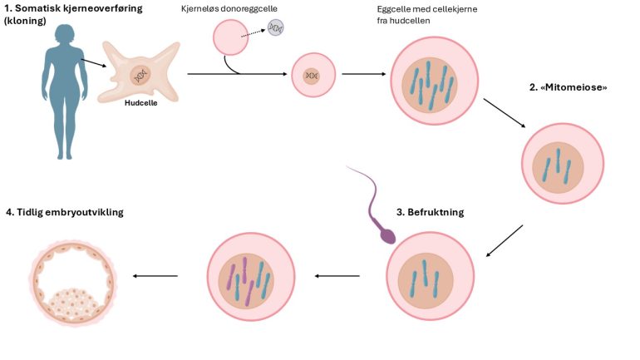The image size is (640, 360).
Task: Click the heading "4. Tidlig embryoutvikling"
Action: [64, 212]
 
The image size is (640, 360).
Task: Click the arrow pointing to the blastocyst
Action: [155, 277]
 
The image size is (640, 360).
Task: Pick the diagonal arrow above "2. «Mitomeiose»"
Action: [504, 114]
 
